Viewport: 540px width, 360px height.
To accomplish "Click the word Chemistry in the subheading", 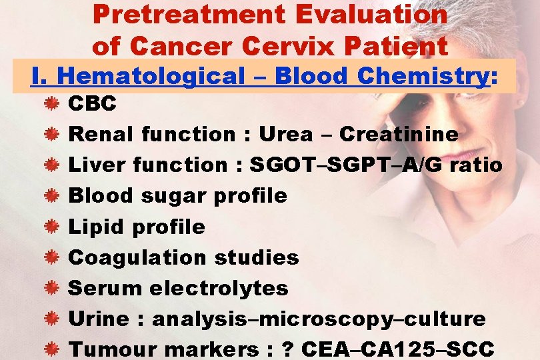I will (423, 77).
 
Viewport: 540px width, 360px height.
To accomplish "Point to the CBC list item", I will (93, 103).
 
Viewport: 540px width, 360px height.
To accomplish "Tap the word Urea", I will (285, 134).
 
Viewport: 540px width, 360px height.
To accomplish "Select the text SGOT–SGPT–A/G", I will (346, 165).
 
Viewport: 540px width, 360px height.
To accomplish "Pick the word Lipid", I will (97, 227).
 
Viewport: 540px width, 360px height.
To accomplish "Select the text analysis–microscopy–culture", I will (319, 319).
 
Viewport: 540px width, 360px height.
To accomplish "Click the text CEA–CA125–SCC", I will (398, 349).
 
